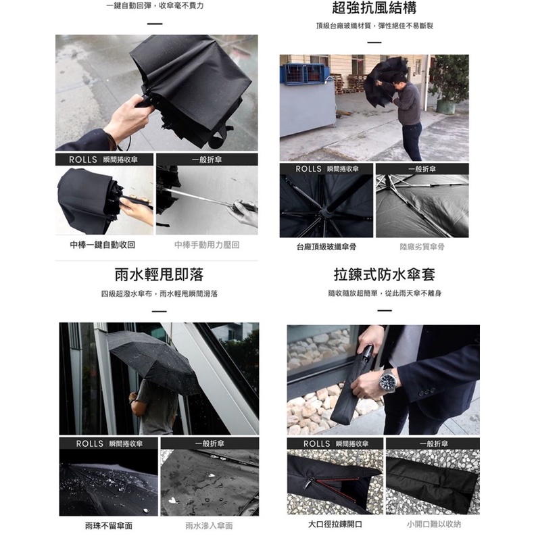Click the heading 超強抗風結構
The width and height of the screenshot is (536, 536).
point(374,8)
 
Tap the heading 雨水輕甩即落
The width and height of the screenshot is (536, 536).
point(160,275)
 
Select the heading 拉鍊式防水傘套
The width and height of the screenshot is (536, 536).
point(385,275)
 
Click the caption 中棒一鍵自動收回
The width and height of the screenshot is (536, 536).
point(103,245)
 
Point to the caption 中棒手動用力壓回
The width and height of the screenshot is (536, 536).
point(207,245)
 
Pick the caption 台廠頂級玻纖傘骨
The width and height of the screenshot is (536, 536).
point(326,247)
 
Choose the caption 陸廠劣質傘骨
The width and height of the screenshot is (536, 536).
point(422,247)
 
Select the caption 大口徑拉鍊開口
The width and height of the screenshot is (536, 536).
point(335,524)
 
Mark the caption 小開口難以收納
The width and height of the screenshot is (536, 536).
point(434,524)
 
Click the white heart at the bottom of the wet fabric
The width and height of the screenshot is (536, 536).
point(174,501)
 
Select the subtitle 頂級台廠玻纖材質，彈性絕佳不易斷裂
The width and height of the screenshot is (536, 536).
point(374,26)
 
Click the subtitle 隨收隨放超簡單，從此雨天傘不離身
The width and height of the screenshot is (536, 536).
point(385,293)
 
